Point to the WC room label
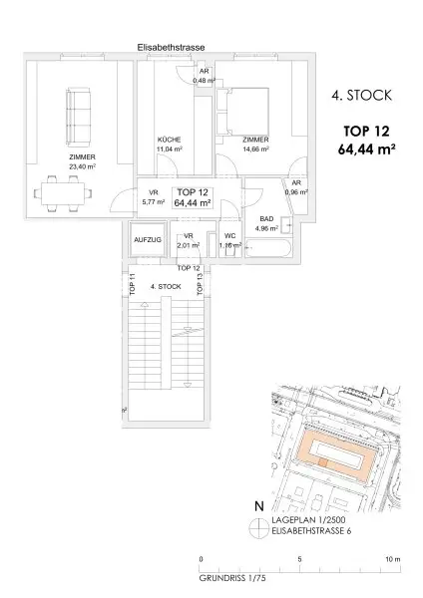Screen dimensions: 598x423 click(229, 236)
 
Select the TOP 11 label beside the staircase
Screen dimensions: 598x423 click(131, 284)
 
